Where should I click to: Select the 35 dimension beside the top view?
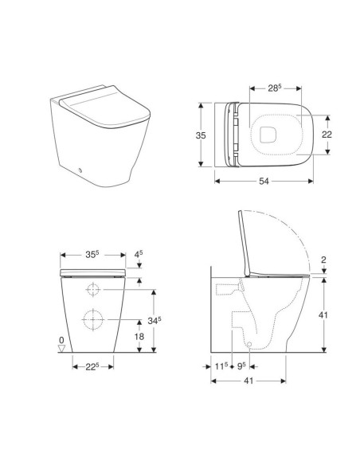202,135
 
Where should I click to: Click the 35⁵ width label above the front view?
92,256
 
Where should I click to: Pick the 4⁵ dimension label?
140,256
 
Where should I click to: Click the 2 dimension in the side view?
324,260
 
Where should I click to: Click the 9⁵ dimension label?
240,367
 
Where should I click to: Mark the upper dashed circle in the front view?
93,288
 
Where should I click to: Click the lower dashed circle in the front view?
93,318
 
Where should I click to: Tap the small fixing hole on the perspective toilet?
81,170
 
